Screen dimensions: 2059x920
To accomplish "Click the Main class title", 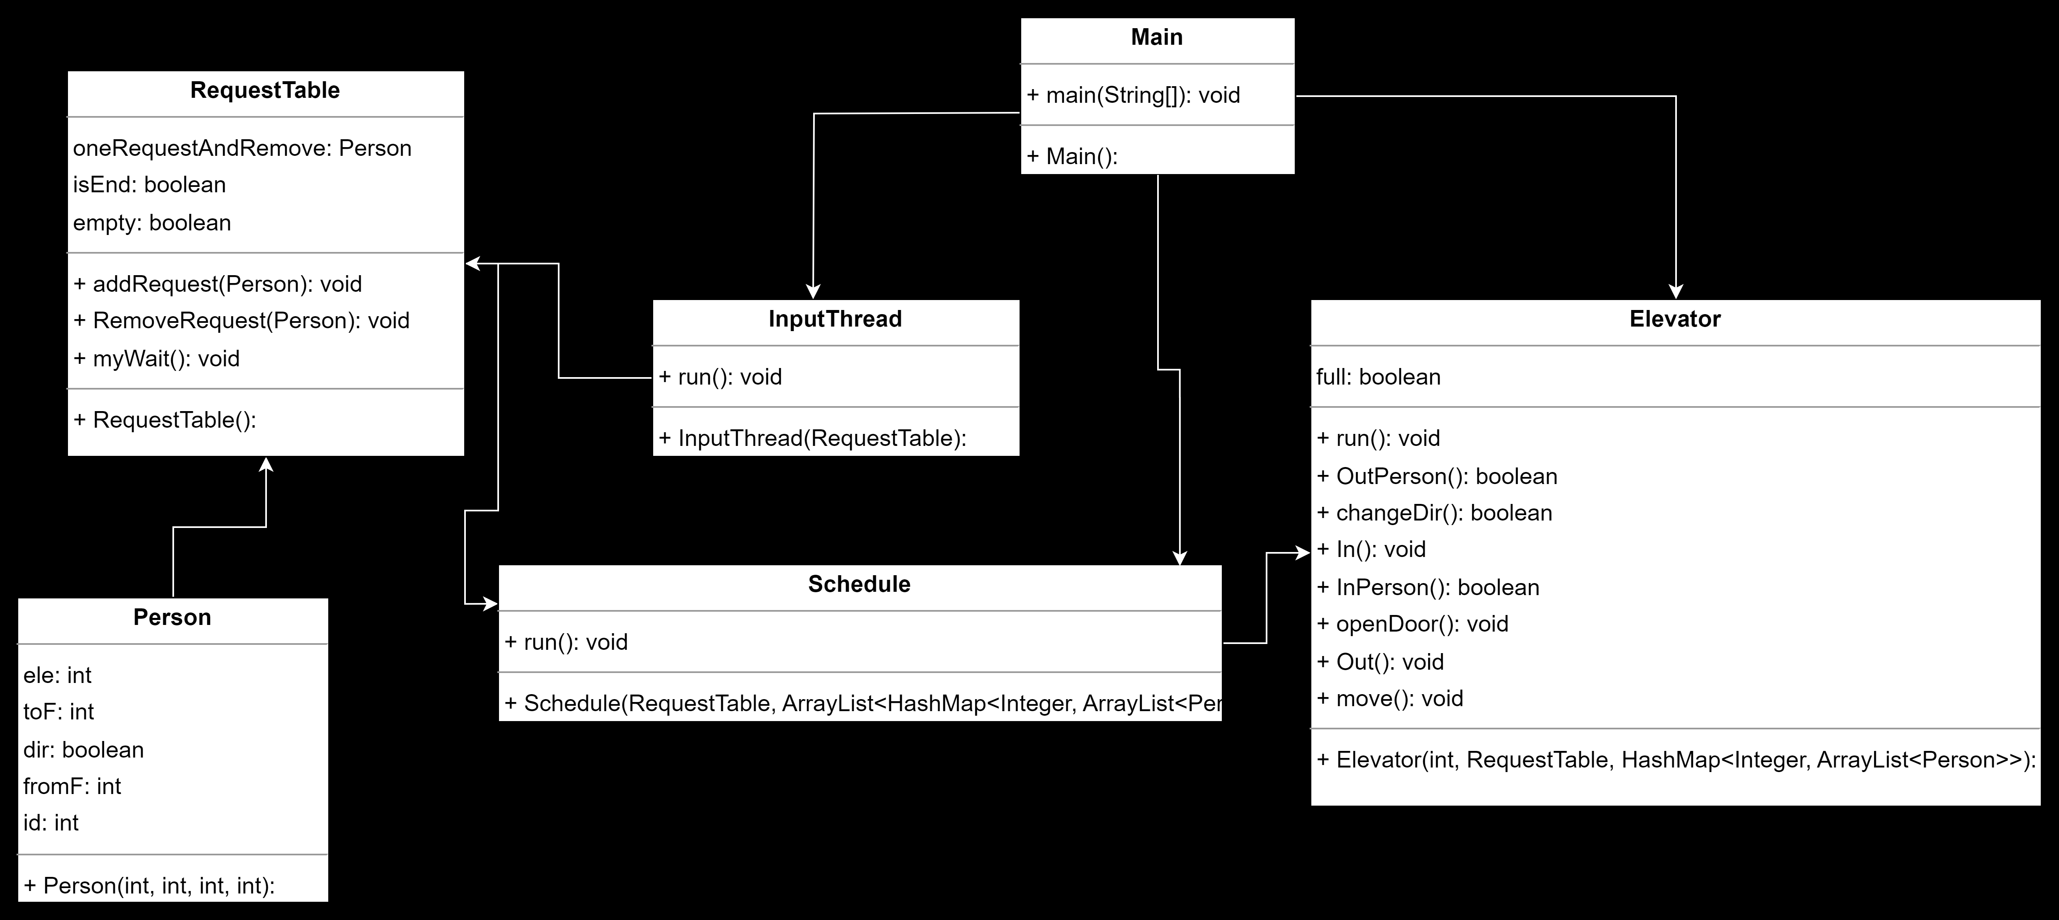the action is coord(1157,38).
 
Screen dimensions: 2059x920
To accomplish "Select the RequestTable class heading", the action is coord(264,90).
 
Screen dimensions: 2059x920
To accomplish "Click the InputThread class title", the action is coord(835,319).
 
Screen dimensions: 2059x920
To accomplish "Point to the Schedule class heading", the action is coord(859,584).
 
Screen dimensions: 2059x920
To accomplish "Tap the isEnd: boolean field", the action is coord(150,185).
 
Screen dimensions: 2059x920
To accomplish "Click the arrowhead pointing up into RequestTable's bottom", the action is coord(266,465).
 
